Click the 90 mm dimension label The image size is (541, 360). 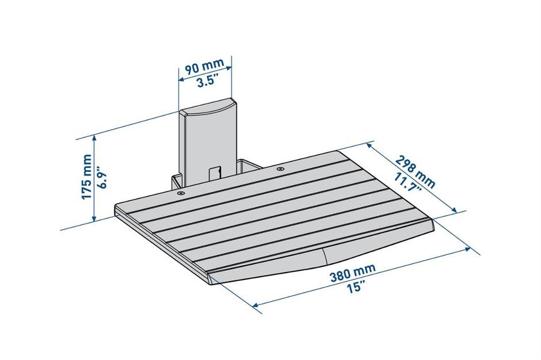point(204,66)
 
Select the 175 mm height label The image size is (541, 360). point(86,177)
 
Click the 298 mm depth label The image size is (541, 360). point(415,171)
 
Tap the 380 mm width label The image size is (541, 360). point(352,273)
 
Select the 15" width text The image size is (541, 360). point(356,286)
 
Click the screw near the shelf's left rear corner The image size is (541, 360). point(180,193)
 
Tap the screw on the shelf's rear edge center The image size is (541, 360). point(280,169)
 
